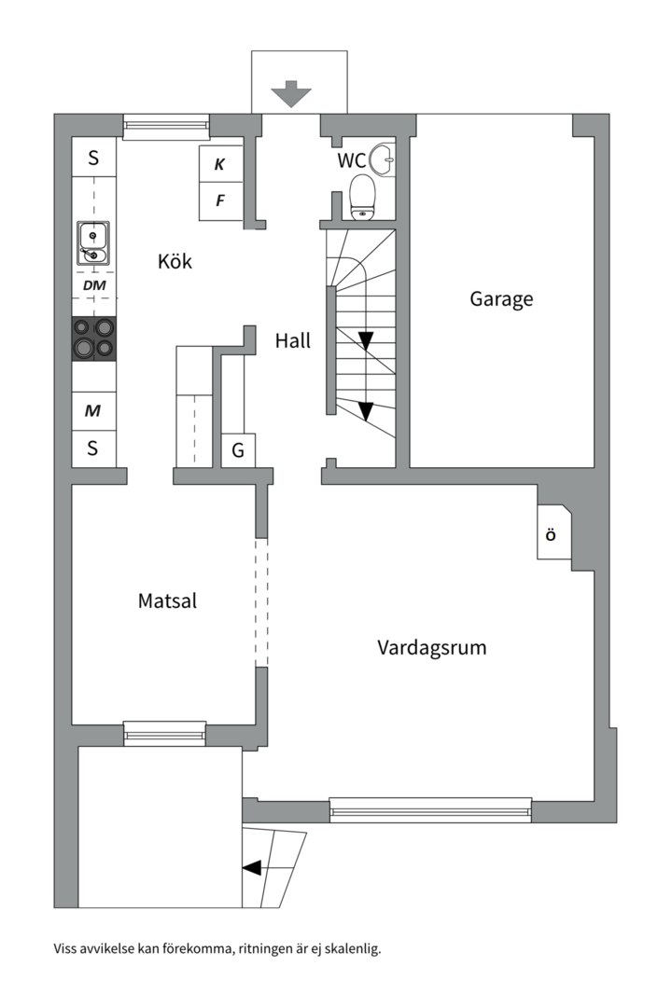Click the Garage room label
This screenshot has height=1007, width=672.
coord(501,299)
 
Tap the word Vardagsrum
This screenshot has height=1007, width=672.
coord(431,647)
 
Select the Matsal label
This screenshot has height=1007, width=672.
coord(167,601)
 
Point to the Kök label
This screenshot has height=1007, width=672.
coord(175,261)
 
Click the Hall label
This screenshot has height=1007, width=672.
coord(292,340)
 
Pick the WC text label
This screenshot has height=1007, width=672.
coord(352,160)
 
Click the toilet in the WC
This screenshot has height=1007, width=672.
coord(363,197)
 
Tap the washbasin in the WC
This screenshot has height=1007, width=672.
coord(383,159)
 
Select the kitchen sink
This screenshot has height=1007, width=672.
coord(93,243)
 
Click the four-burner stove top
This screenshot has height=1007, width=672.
coord(94,339)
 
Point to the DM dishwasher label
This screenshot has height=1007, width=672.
coord(94,285)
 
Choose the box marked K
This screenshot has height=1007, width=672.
coord(220,164)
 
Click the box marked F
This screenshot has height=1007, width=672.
coord(220,201)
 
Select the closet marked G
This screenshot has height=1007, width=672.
coord(238,450)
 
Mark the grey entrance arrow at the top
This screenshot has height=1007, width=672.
coord(291,94)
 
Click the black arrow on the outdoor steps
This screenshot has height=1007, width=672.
coord(251,868)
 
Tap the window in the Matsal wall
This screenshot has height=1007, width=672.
coord(164,733)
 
